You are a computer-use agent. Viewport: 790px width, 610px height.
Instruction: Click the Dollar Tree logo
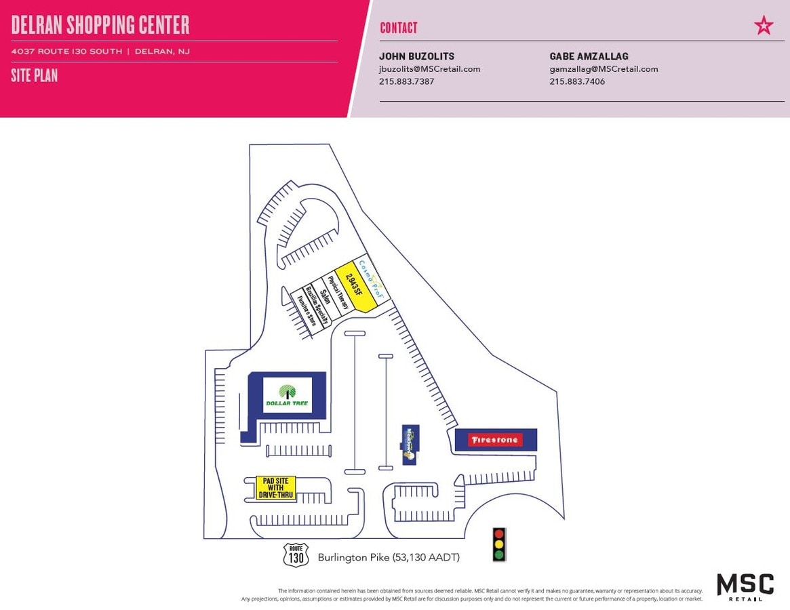(287, 395)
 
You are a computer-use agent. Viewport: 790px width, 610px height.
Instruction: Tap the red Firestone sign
(496, 440)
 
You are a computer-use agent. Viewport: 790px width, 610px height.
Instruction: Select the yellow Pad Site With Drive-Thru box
(275, 488)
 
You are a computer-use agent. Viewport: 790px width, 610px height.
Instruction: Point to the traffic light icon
(500, 544)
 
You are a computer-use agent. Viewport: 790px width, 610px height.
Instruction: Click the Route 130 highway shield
(296, 554)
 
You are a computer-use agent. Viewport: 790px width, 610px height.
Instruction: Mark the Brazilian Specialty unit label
(316, 306)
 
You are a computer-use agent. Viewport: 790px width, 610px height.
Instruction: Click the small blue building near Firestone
(410, 445)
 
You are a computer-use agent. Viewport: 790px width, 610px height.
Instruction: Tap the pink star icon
(764, 26)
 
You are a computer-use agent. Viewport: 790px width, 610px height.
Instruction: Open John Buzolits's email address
(429, 68)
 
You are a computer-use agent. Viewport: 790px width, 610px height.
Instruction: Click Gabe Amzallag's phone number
(577, 81)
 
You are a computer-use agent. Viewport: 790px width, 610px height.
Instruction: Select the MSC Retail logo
(745, 586)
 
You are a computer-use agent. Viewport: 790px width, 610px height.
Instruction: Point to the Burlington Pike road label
(389, 558)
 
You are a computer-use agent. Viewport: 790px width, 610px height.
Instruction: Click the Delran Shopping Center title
(100, 25)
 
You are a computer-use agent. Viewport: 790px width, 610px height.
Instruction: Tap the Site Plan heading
(34, 75)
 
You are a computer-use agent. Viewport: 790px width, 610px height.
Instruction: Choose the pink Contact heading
(399, 28)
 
